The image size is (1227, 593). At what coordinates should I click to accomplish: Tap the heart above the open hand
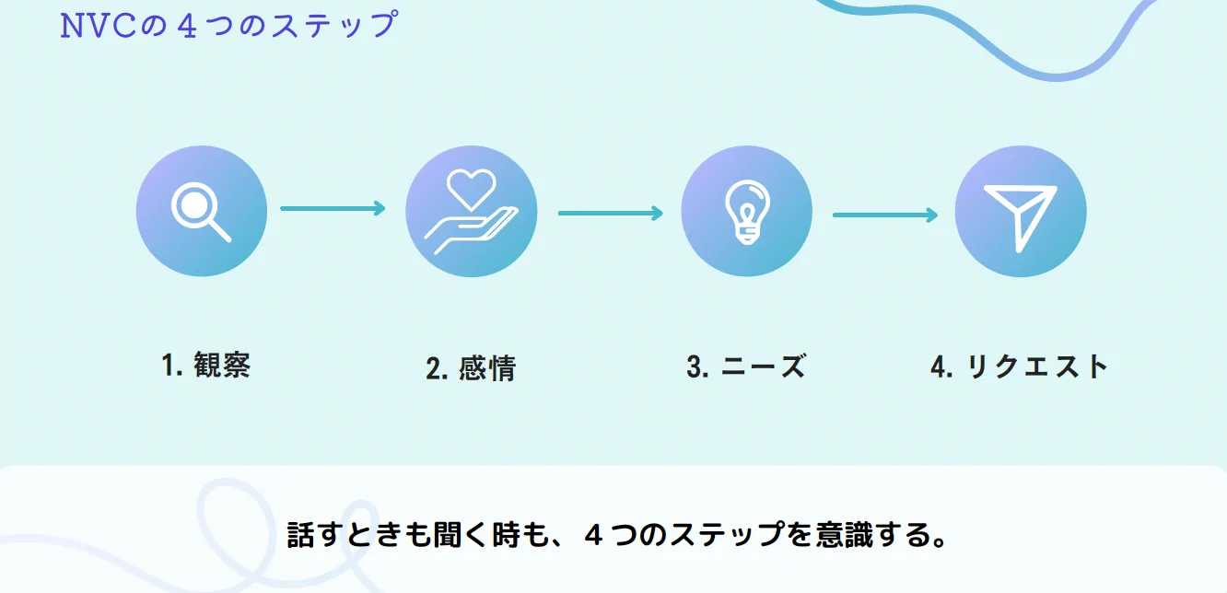pyautogui.click(x=471, y=187)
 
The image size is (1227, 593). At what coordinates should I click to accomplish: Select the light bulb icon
pyautogui.click(x=746, y=211)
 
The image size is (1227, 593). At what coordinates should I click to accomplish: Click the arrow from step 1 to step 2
pyautogui.click(x=333, y=209)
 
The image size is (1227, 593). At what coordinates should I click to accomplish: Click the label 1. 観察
pyautogui.click(x=205, y=366)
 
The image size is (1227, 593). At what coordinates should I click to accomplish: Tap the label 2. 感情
pyautogui.click(x=471, y=369)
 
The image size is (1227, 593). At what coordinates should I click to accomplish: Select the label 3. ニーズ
pyautogui.click(x=746, y=366)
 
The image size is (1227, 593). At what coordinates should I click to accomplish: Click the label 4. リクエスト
pyautogui.click(x=1019, y=366)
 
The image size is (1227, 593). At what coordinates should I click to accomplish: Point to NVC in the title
pyautogui.click(x=99, y=26)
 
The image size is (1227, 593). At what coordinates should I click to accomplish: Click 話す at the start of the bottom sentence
pyautogui.click(x=314, y=535)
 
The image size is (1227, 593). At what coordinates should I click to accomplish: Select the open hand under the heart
pyautogui.click(x=471, y=230)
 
